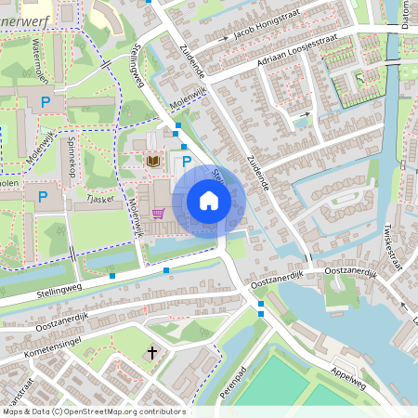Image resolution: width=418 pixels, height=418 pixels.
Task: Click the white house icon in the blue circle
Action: click(209, 200)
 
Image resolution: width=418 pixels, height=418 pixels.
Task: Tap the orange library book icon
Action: click(153, 162)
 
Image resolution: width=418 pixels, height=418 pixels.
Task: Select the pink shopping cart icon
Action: click(159, 214)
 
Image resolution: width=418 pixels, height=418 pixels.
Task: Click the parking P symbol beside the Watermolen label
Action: click(44, 99)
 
